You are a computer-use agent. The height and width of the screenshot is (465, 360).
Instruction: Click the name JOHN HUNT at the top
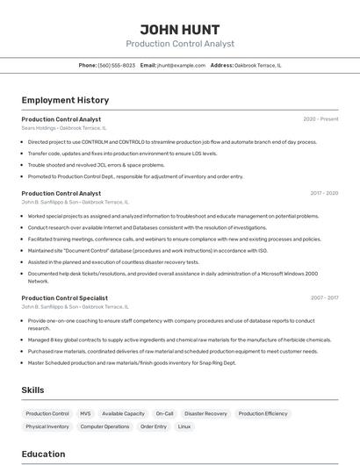coord(179,29)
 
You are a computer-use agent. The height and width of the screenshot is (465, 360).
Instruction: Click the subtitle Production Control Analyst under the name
coord(179,43)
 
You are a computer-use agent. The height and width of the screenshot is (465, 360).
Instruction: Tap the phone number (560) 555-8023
coord(116,65)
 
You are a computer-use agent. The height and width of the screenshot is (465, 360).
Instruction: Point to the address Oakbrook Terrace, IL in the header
coord(258,65)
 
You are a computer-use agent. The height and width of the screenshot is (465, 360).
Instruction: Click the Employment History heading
coord(65,100)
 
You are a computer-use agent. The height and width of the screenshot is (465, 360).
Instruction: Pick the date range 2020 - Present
coord(320,119)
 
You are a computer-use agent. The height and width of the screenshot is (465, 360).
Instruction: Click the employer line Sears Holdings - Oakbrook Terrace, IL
coord(75,128)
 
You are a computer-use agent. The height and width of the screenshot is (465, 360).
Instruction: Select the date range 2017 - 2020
coord(324,193)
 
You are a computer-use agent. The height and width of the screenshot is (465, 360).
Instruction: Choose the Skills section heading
coord(33,390)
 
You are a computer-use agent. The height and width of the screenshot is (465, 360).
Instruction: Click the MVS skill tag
coord(85,413)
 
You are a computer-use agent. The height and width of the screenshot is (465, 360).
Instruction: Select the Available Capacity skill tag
coord(123,413)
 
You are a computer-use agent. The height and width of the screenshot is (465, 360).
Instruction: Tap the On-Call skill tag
coord(164,413)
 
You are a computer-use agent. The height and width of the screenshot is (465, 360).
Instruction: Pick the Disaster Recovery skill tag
coord(205,413)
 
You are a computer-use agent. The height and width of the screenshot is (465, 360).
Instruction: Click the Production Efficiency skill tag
coord(263,413)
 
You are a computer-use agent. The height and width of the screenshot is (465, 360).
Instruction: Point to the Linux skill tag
coord(184,426)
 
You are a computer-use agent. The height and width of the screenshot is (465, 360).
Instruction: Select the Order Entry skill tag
coord(153,426)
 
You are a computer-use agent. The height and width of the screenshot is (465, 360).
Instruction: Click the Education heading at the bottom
coord(43,454)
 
